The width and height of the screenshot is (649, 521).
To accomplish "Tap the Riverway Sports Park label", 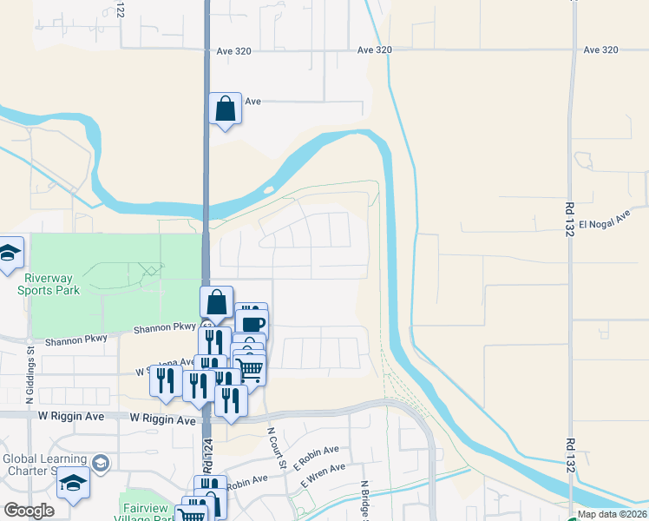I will click(54, 284).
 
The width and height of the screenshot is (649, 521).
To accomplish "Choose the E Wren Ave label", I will click(323, 475).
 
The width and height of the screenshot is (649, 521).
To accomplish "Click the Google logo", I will click(29, 511).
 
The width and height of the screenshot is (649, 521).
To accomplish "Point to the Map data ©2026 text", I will click(612, 514).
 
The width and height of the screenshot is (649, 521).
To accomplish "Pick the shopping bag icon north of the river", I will click(225, 109).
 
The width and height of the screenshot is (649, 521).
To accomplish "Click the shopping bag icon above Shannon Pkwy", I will click(216, 303).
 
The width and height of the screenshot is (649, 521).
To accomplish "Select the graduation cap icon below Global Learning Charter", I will click(74, 483).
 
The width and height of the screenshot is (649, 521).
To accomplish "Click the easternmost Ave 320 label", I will click(600, 49).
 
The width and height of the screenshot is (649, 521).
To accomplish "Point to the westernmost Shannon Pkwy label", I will click(77, 340).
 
